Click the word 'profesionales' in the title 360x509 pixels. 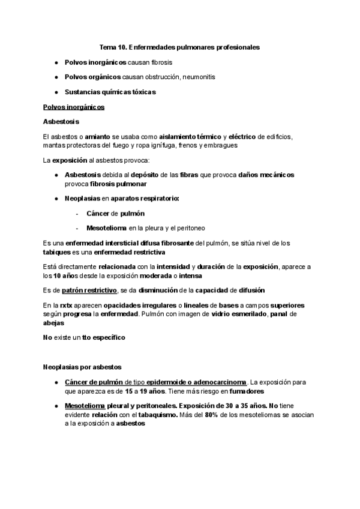(x=234, y=46)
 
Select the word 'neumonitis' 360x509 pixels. (x=199, y=77)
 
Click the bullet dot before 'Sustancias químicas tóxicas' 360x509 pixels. (x=56, y=92)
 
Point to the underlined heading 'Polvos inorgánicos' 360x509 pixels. (x=74, y=107)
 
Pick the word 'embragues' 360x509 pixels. (x=221, y=145)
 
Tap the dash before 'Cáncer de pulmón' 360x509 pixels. (x=78, y=213)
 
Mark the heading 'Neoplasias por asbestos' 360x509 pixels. (x=82, y=367)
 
